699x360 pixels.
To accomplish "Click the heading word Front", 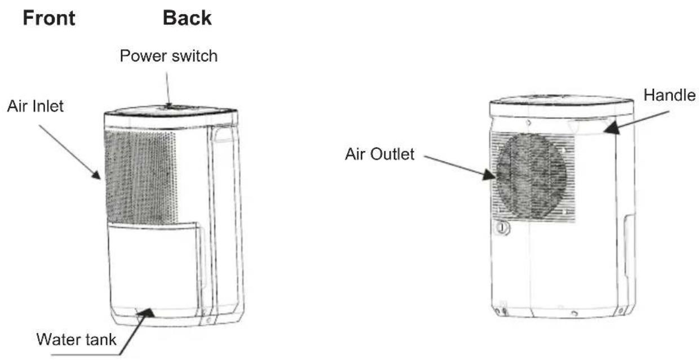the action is pyautogui.click(x=49, y=18).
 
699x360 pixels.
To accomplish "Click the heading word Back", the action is pyautogui.click(x=187, y=18).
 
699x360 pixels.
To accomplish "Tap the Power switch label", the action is pyautogui.click(x=169, y=56).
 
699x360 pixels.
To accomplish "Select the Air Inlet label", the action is pyautogui.click(x=36, y=106).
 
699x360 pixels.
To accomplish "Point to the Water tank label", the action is pyautogui.click(x=76, y=339).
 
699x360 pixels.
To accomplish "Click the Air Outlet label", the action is pyautogui.click(x=380, y=154).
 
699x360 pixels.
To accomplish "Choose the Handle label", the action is pyautogui.click(x=669, y=95).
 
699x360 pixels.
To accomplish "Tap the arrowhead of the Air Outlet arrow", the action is pyautogui.click(x=489, y=175).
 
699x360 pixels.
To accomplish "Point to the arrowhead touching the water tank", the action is pyautogui.click(x=146, y=313).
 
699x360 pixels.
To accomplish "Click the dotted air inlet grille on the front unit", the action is pyautogui.click(x=140, y=177).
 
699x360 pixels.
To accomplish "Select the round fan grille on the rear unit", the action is pyautogui.click(x=531, y=176).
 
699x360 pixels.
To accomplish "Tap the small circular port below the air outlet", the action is pyautogui.click(x=502, y=228).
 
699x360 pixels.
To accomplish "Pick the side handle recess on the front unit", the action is pyautogui.click(x=223, y=134).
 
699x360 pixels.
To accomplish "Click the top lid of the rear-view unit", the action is pyautogui.click(x=561, y=106).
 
